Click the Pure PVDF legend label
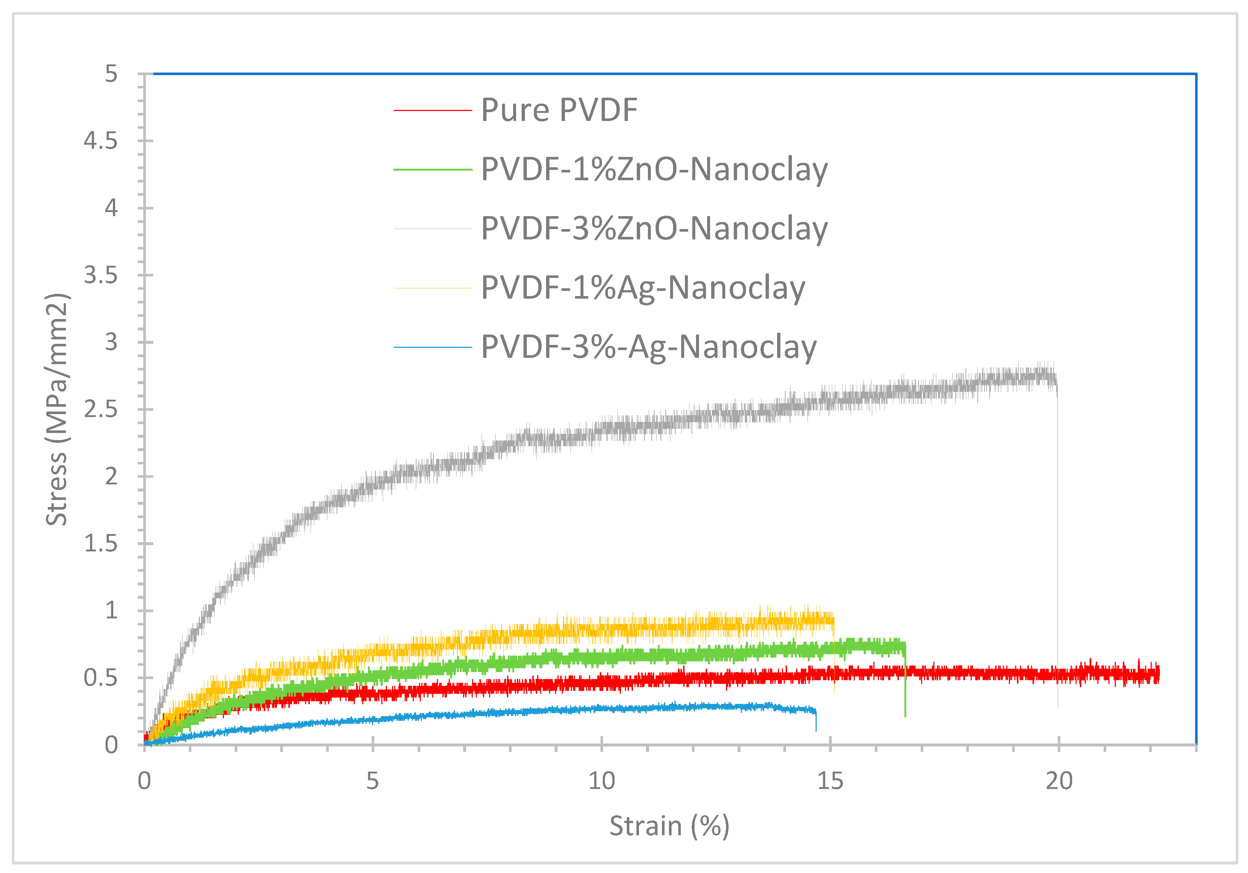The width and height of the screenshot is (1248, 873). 559,110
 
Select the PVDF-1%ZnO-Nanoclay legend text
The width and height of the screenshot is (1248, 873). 654,169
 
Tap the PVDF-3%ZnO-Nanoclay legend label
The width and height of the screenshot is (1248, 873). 654,228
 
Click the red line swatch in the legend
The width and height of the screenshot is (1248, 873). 433,110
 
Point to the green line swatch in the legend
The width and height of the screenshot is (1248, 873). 433,169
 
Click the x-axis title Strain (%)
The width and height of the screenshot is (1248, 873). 669,826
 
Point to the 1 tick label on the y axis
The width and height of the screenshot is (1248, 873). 111,611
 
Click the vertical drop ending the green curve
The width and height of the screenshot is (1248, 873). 905,685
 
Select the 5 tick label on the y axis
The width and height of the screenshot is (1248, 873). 111,74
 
